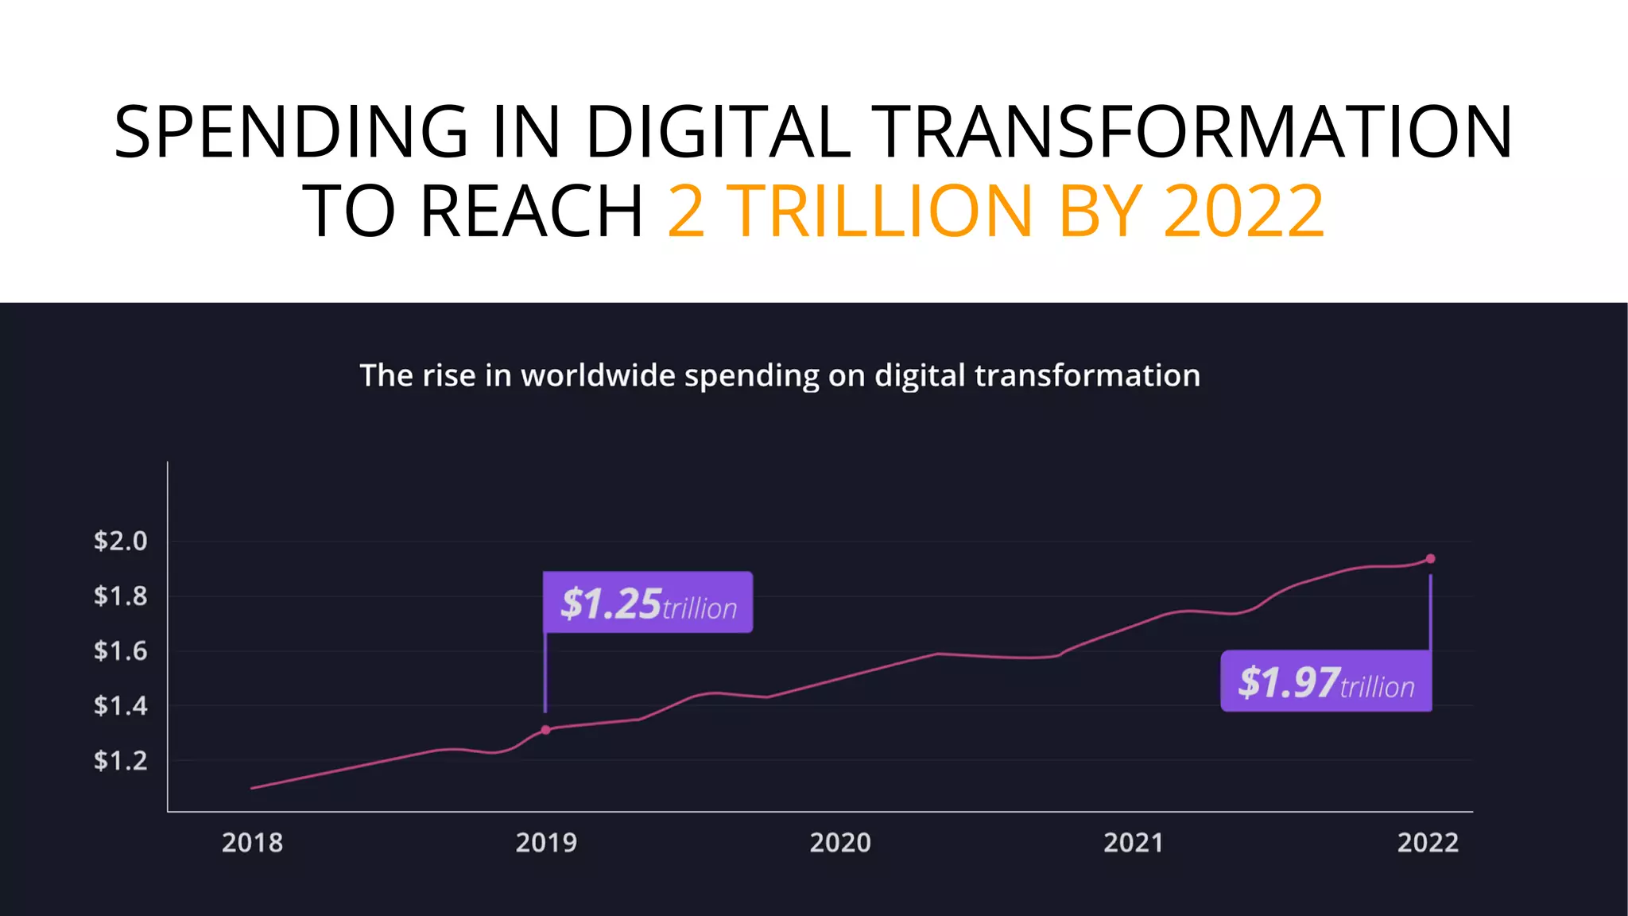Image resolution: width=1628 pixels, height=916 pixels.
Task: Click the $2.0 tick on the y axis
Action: point(121,541)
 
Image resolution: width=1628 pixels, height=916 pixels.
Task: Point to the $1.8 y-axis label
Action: point(121,596)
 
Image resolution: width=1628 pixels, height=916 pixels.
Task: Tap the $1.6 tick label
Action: point(121,651)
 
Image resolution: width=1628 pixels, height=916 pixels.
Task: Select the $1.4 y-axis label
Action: point(121,705)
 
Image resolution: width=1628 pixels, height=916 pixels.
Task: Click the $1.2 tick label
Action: point(121,761)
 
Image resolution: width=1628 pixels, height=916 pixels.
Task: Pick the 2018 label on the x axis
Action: point(252,843)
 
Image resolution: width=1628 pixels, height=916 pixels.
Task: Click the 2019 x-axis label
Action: point(546,843)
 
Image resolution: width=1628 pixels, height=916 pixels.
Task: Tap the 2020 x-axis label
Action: point(840,843)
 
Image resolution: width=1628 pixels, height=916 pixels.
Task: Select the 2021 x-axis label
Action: point(1134,843)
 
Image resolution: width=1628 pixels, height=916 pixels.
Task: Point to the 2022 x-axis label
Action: point(1428,843)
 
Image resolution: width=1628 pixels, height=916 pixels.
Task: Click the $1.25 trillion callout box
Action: point(648,603)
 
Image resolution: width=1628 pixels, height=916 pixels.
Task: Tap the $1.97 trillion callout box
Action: point(1326,681)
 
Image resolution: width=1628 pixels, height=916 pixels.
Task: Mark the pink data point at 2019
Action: point(545,730)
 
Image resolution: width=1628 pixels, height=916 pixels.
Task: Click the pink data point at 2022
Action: point(1430,559)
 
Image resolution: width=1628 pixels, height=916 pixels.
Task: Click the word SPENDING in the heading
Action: point(291,132)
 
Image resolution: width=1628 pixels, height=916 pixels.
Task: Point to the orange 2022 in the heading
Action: point(1244,212)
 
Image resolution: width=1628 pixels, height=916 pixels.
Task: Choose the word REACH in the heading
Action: point(531,212)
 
